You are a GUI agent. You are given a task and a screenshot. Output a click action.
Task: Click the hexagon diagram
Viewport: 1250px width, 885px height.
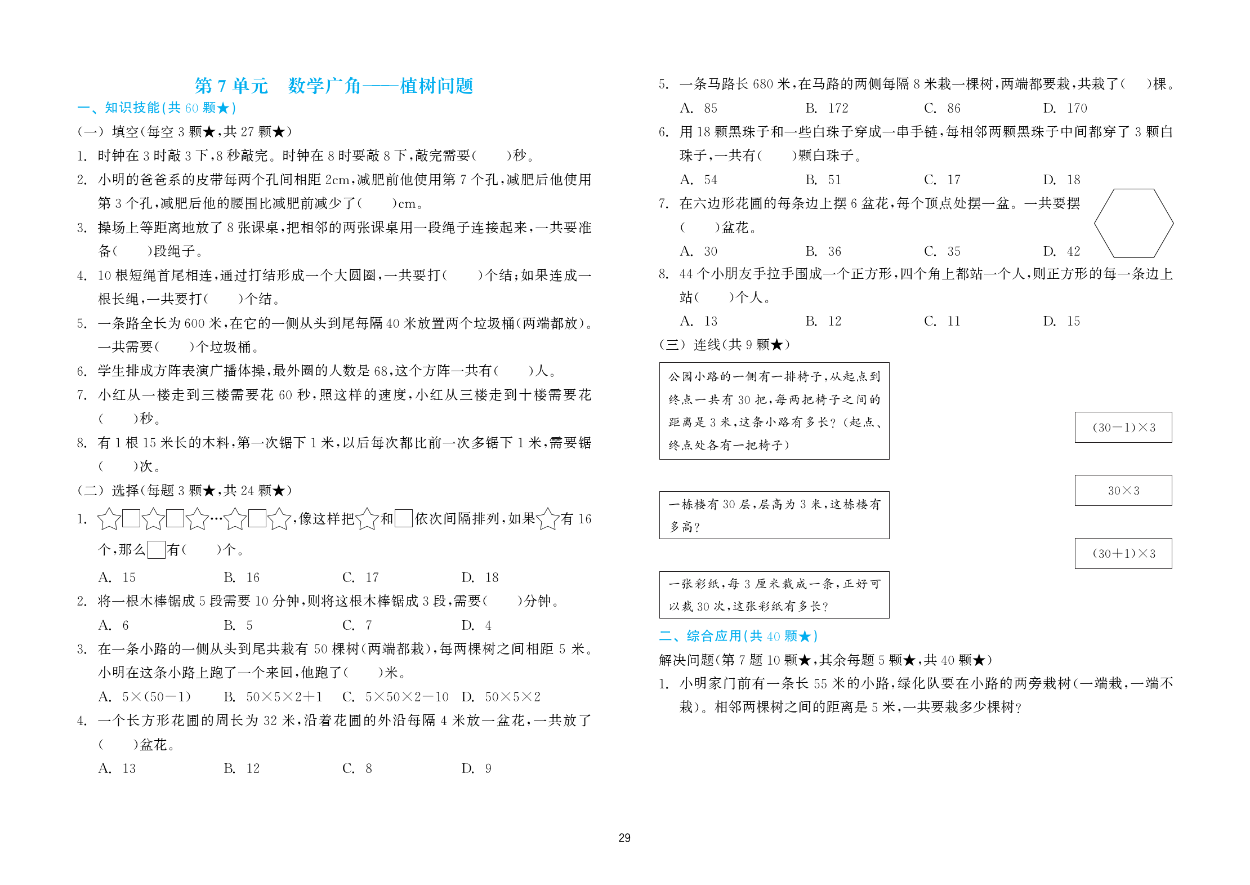pos(1133,224)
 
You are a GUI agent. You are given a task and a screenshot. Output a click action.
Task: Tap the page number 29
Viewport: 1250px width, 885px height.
pos(624,838)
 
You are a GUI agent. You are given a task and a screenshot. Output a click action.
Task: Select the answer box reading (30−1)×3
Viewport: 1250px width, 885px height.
pos(1123,428)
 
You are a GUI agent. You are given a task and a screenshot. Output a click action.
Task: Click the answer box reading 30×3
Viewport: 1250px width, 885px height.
pos(1123,491)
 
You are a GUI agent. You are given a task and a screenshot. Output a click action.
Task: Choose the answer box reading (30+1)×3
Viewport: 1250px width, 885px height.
pos(1123,554)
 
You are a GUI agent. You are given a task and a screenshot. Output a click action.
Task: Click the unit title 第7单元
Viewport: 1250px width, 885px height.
pos(231,86)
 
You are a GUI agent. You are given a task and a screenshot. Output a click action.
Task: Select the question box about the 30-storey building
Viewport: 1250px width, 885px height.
pos(774,515)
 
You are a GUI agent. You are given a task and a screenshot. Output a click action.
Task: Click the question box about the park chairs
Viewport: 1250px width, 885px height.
pos(774,411)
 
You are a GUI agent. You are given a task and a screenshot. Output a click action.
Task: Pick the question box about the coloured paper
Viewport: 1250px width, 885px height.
pos(774,595)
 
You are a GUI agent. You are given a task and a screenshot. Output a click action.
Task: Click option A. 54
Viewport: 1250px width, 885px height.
pos(699,180)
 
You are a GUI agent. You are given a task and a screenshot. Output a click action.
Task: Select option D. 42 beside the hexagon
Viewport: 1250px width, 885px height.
pos(1062,251)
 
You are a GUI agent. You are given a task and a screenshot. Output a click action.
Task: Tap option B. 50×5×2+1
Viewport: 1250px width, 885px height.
pos(273,697)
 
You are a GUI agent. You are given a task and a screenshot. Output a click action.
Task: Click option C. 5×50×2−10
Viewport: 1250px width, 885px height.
pos(395,697)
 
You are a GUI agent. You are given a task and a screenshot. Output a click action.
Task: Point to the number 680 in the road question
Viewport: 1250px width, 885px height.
pos(762,85)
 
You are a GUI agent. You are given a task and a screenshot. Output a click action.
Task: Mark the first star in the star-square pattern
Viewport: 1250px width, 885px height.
pos(109,519)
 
